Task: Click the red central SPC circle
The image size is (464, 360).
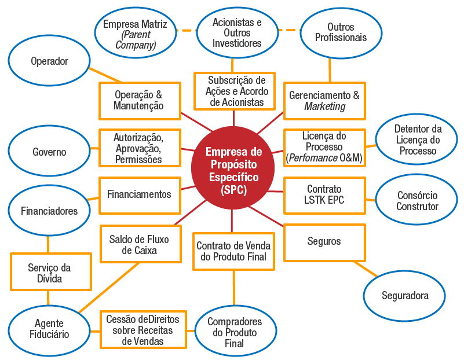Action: click(x=233, y=168)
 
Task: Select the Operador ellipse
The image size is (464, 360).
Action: click(x=49, y=61)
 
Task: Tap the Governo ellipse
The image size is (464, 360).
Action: click(x=49, y=152)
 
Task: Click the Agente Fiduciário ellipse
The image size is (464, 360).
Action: click(x=49, y=328)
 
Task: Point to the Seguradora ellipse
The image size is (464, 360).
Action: click(x=405, y=295)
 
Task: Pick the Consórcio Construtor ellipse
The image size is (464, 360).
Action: click(x=417, y=200)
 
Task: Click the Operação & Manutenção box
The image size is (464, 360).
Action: click(x=138, y=100)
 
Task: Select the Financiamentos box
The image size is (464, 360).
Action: click(x=139, y=194)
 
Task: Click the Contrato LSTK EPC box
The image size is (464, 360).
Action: click(x=324, y=195)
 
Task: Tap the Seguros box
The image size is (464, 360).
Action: click(x=324, y=241)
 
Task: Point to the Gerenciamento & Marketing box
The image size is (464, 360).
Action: click(x=324, y=100)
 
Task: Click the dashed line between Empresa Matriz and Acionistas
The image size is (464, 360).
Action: click(x=185, y=30)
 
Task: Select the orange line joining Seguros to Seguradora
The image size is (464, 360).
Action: click(x=366, y=268)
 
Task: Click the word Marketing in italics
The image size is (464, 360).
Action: click(x=324, y=106)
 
